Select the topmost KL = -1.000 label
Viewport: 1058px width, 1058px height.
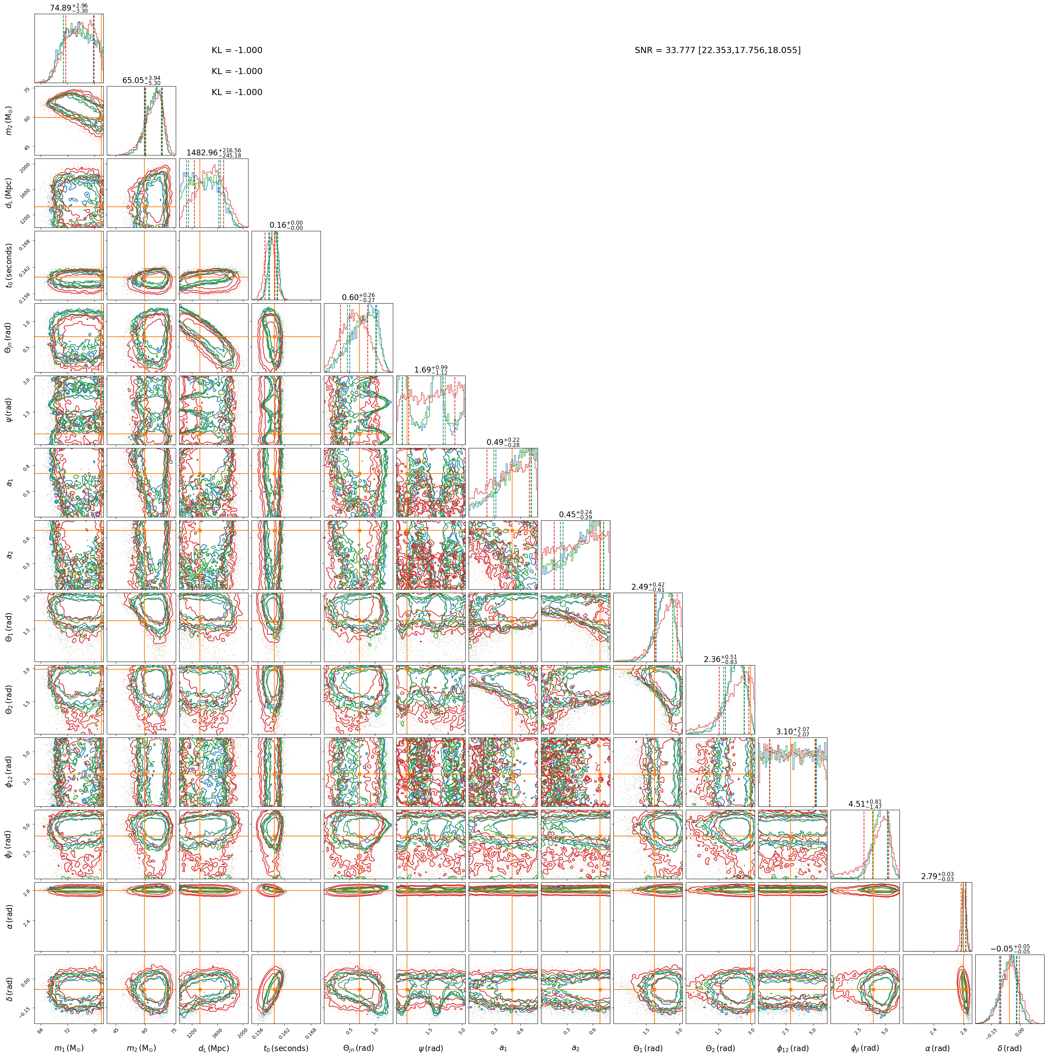tap(236, 50)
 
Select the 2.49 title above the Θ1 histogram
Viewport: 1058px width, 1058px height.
tap(648, 587)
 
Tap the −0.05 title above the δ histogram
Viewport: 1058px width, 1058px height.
tap(1010, 948)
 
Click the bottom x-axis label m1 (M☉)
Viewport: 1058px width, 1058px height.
tap(69, 1048)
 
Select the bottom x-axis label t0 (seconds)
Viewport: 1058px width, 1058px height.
tap(286, 1048)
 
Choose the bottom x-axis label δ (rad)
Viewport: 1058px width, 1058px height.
tap(1010, 1048)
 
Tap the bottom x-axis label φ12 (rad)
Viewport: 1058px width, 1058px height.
tap(792, 1048)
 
